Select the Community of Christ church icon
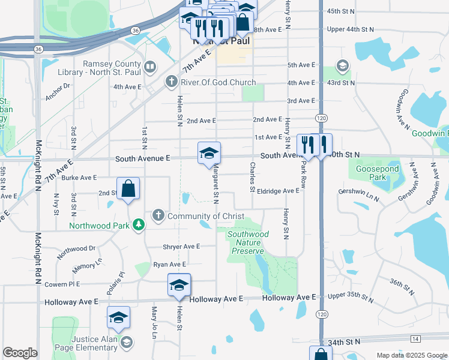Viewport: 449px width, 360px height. pos(158,215)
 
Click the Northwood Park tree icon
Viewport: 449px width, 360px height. pos(139,225)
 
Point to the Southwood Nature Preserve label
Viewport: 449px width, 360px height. pos(248,242)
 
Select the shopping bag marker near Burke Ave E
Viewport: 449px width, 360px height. pos(128,189)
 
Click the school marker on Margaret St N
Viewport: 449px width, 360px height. pos(209,154)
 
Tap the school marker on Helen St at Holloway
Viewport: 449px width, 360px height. pos(179,286)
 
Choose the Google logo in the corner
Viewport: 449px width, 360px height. pos(20,353)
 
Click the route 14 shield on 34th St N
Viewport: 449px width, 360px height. pos(415,339)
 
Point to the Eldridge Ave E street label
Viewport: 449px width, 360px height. pos(278,190)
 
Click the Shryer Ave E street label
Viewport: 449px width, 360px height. pos(181,247)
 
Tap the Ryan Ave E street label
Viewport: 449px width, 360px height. pos(170,264)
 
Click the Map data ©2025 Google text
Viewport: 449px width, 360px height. pos(412,355)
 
